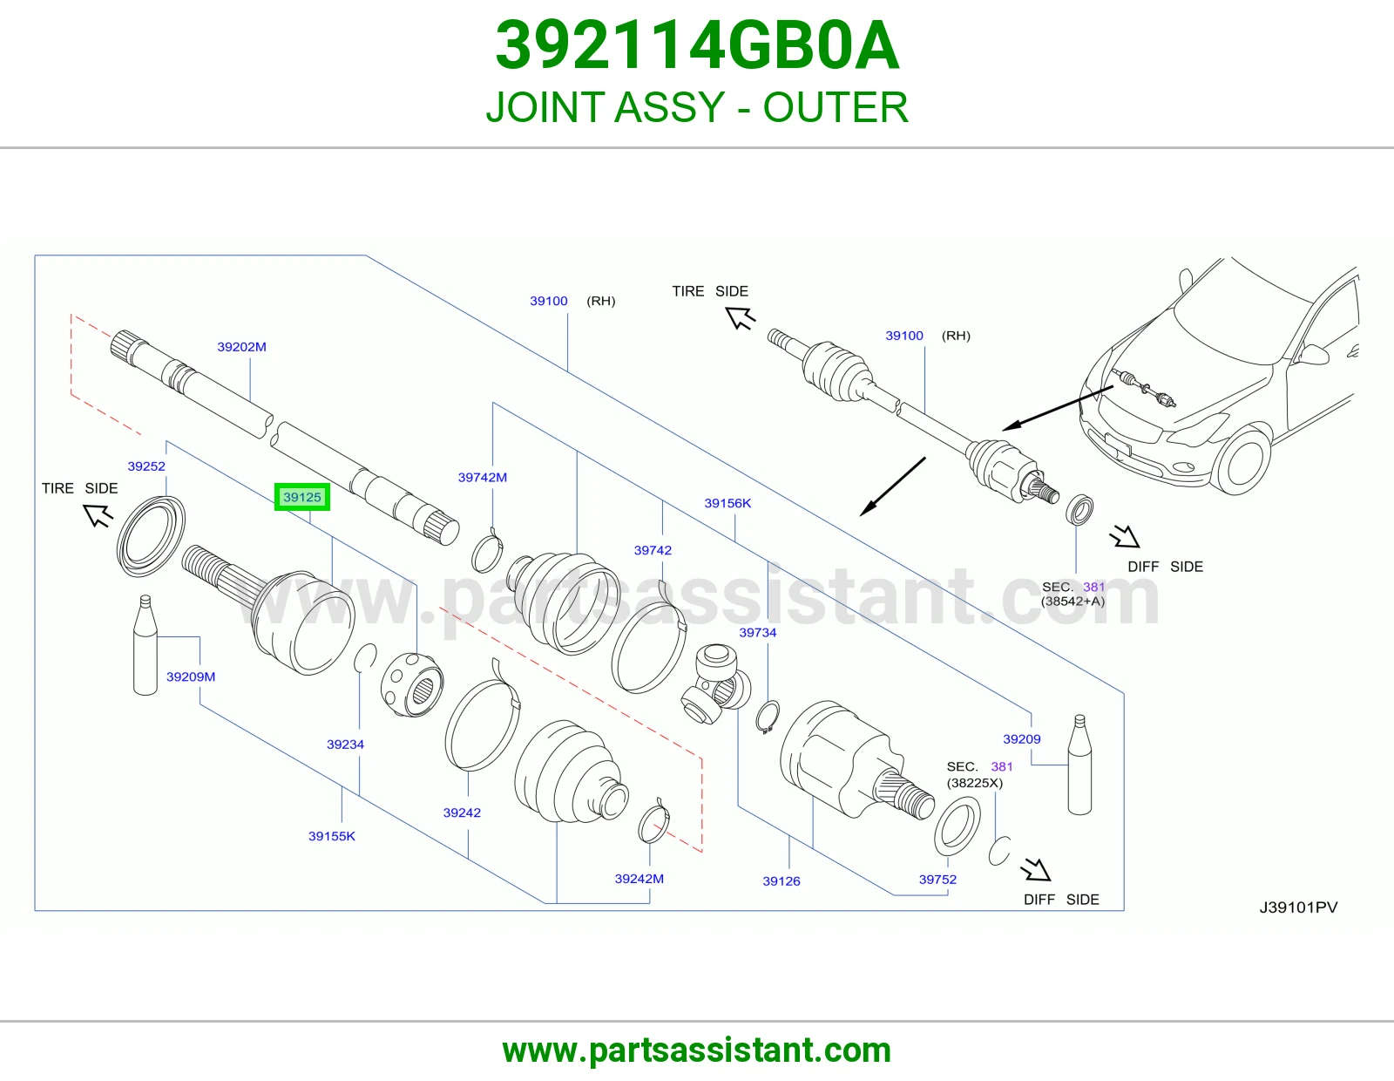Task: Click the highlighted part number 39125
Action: pos(302,497)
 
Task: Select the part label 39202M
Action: pos(242,347)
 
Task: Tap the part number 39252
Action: pos(146,466)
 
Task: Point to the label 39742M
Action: pos(483,477)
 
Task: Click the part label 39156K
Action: pos(727,503)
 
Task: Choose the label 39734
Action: pos(758,632)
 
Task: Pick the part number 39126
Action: pos(782,880)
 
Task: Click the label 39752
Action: pos(937,880)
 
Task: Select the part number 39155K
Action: pos(332,836)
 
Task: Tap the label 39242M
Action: pos(639,878)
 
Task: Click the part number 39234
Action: pos(345,744)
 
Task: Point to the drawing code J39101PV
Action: pos(1298,907)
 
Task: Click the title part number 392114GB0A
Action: pos(697,45)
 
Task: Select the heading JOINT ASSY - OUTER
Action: pos(697,106)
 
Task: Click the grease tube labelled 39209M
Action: pos(145,644)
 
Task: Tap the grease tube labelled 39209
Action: pos(1079,765)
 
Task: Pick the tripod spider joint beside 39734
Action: pos(714,684)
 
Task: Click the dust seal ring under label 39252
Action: pos(151,537)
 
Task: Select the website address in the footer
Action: pos(697,1050)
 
